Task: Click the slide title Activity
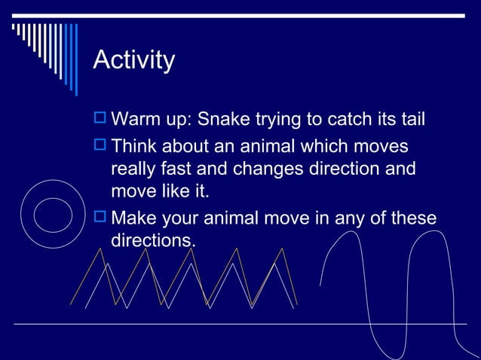click(x=133, y=59)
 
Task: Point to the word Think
click(x=136, y=145)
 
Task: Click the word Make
click(x=136, y=218)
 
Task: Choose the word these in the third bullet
click(x=412, y=218)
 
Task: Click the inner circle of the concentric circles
click(x=53, y=214)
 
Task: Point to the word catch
click(x=343, y=119)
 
